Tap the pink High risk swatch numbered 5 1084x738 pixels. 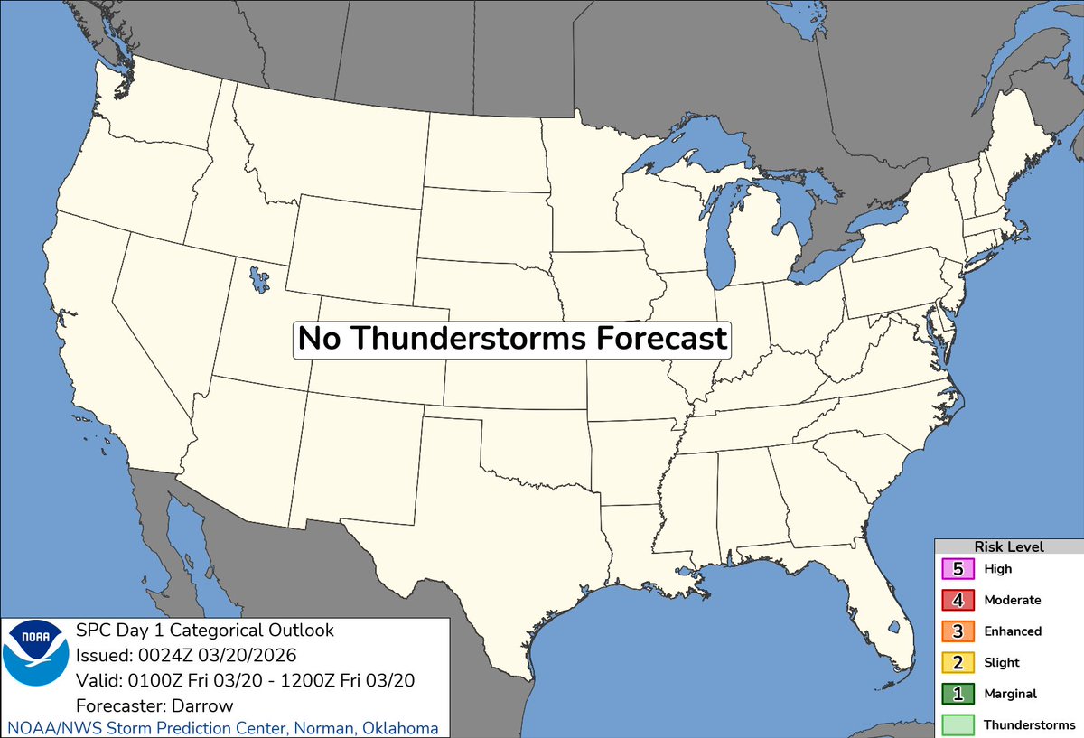coord(958,569)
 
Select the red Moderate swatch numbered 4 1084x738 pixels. coord(958,600)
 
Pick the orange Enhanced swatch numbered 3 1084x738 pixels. coord(958,631)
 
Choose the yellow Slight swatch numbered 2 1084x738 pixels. coord(958,662)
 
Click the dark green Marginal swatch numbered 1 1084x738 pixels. coord(958,694)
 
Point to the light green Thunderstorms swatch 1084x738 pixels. coord(958,724)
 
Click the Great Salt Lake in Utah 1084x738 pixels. coord(259,277)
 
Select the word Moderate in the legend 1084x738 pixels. coord(1013,600)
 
